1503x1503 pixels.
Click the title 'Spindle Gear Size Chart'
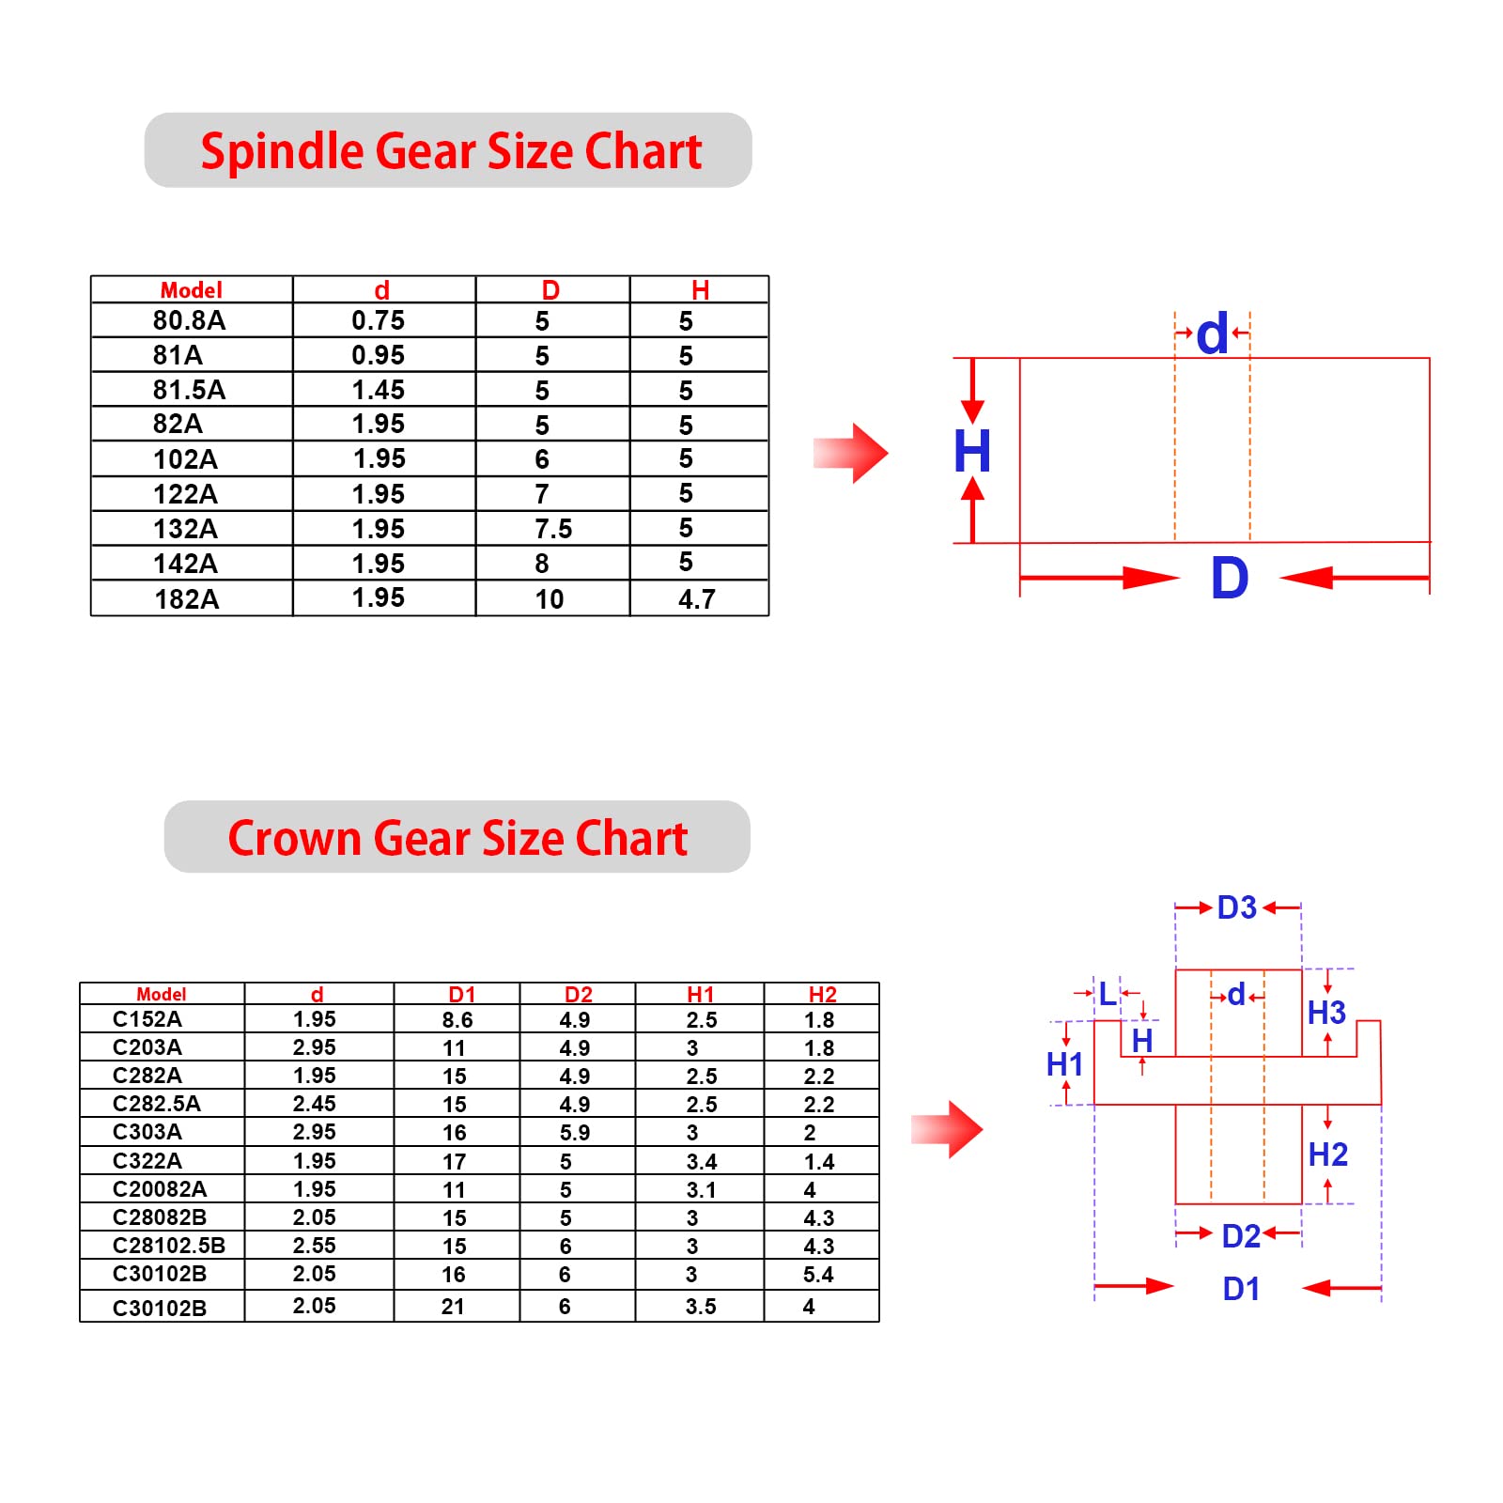click(451, 151)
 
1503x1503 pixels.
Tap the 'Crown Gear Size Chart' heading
click(457, 838)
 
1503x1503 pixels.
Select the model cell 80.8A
click(189, 321)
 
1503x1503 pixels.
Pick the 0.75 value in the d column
click(378, 321)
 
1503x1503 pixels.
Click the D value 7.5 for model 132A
click(552, 530)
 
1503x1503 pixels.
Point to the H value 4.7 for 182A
click(697, 599)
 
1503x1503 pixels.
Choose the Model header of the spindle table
click(191, 290)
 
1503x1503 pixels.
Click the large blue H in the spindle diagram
click(972, 452)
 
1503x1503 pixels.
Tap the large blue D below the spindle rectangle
click(1230, 579)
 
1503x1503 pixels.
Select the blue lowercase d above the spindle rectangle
click(1212, 334)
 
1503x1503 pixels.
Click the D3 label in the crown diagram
click(1236, 908)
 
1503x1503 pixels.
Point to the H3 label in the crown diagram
click(1326, 1014)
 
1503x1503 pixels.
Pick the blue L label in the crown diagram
click(1108, 994)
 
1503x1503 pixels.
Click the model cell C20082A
click(159, 1189)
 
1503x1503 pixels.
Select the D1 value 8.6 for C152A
click(457, 1020)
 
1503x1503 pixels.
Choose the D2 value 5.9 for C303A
click(574, 1133)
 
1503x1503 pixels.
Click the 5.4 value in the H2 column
click(818, 1275)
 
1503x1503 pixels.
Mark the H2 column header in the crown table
click(822, 995)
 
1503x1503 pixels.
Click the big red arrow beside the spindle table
click(851, 454)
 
